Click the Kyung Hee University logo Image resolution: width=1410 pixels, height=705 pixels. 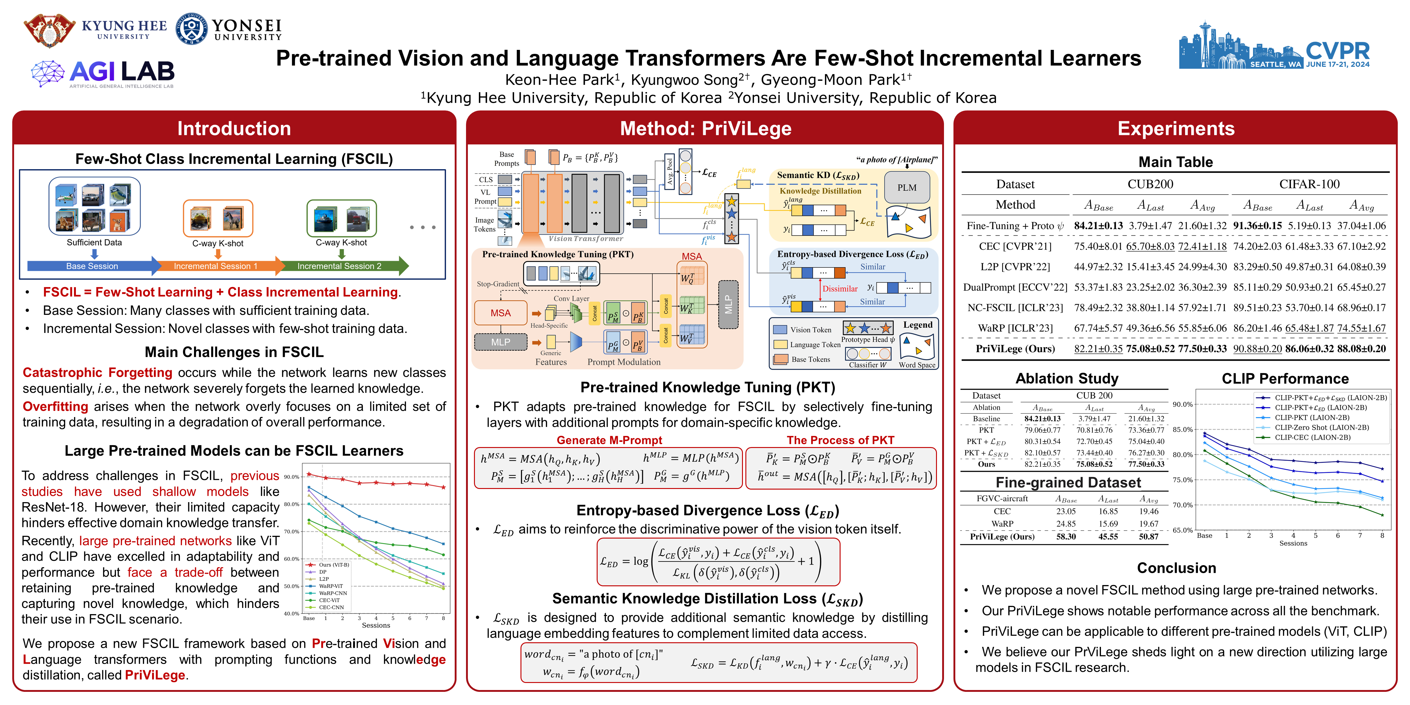click(49, 30)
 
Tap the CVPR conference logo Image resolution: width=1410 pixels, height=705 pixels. click(1274, 47)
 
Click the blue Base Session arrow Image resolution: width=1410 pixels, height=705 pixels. click(92, 266)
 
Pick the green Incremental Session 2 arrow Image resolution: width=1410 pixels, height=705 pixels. click(339, 266)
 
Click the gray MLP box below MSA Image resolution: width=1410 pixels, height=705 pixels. click(500, 342)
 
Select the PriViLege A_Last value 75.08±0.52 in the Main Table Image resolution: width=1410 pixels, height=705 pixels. click(1150, 349)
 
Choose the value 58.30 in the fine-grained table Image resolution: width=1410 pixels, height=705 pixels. click(1066, 536)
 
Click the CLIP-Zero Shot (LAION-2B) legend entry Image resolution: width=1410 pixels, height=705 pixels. click(1321, 427)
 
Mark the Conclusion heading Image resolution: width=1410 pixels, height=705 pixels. click(1176, 568)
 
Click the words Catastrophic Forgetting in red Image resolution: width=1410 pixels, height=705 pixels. click(97, 373)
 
